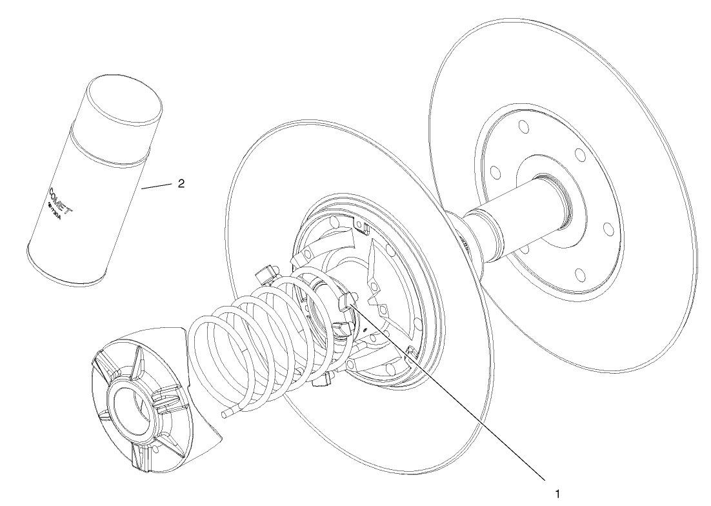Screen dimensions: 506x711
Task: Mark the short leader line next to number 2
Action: tap(155, 187)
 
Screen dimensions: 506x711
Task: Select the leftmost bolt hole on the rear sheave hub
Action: tap(495, 172)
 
